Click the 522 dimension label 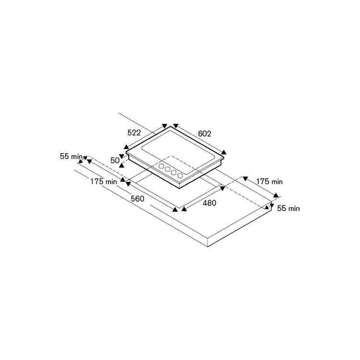(x=134, y=132)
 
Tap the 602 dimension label (x=204, y=133)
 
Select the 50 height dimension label (x=115, y=160)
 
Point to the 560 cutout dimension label (x=138, y=199)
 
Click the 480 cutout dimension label (x=209, y=203)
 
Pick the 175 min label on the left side (x=104, y=181)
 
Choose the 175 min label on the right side (x=269, y=181)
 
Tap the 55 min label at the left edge (x=71, y=156)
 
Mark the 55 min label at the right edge (x=288, y=208)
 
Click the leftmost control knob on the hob (x=161, y=166)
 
